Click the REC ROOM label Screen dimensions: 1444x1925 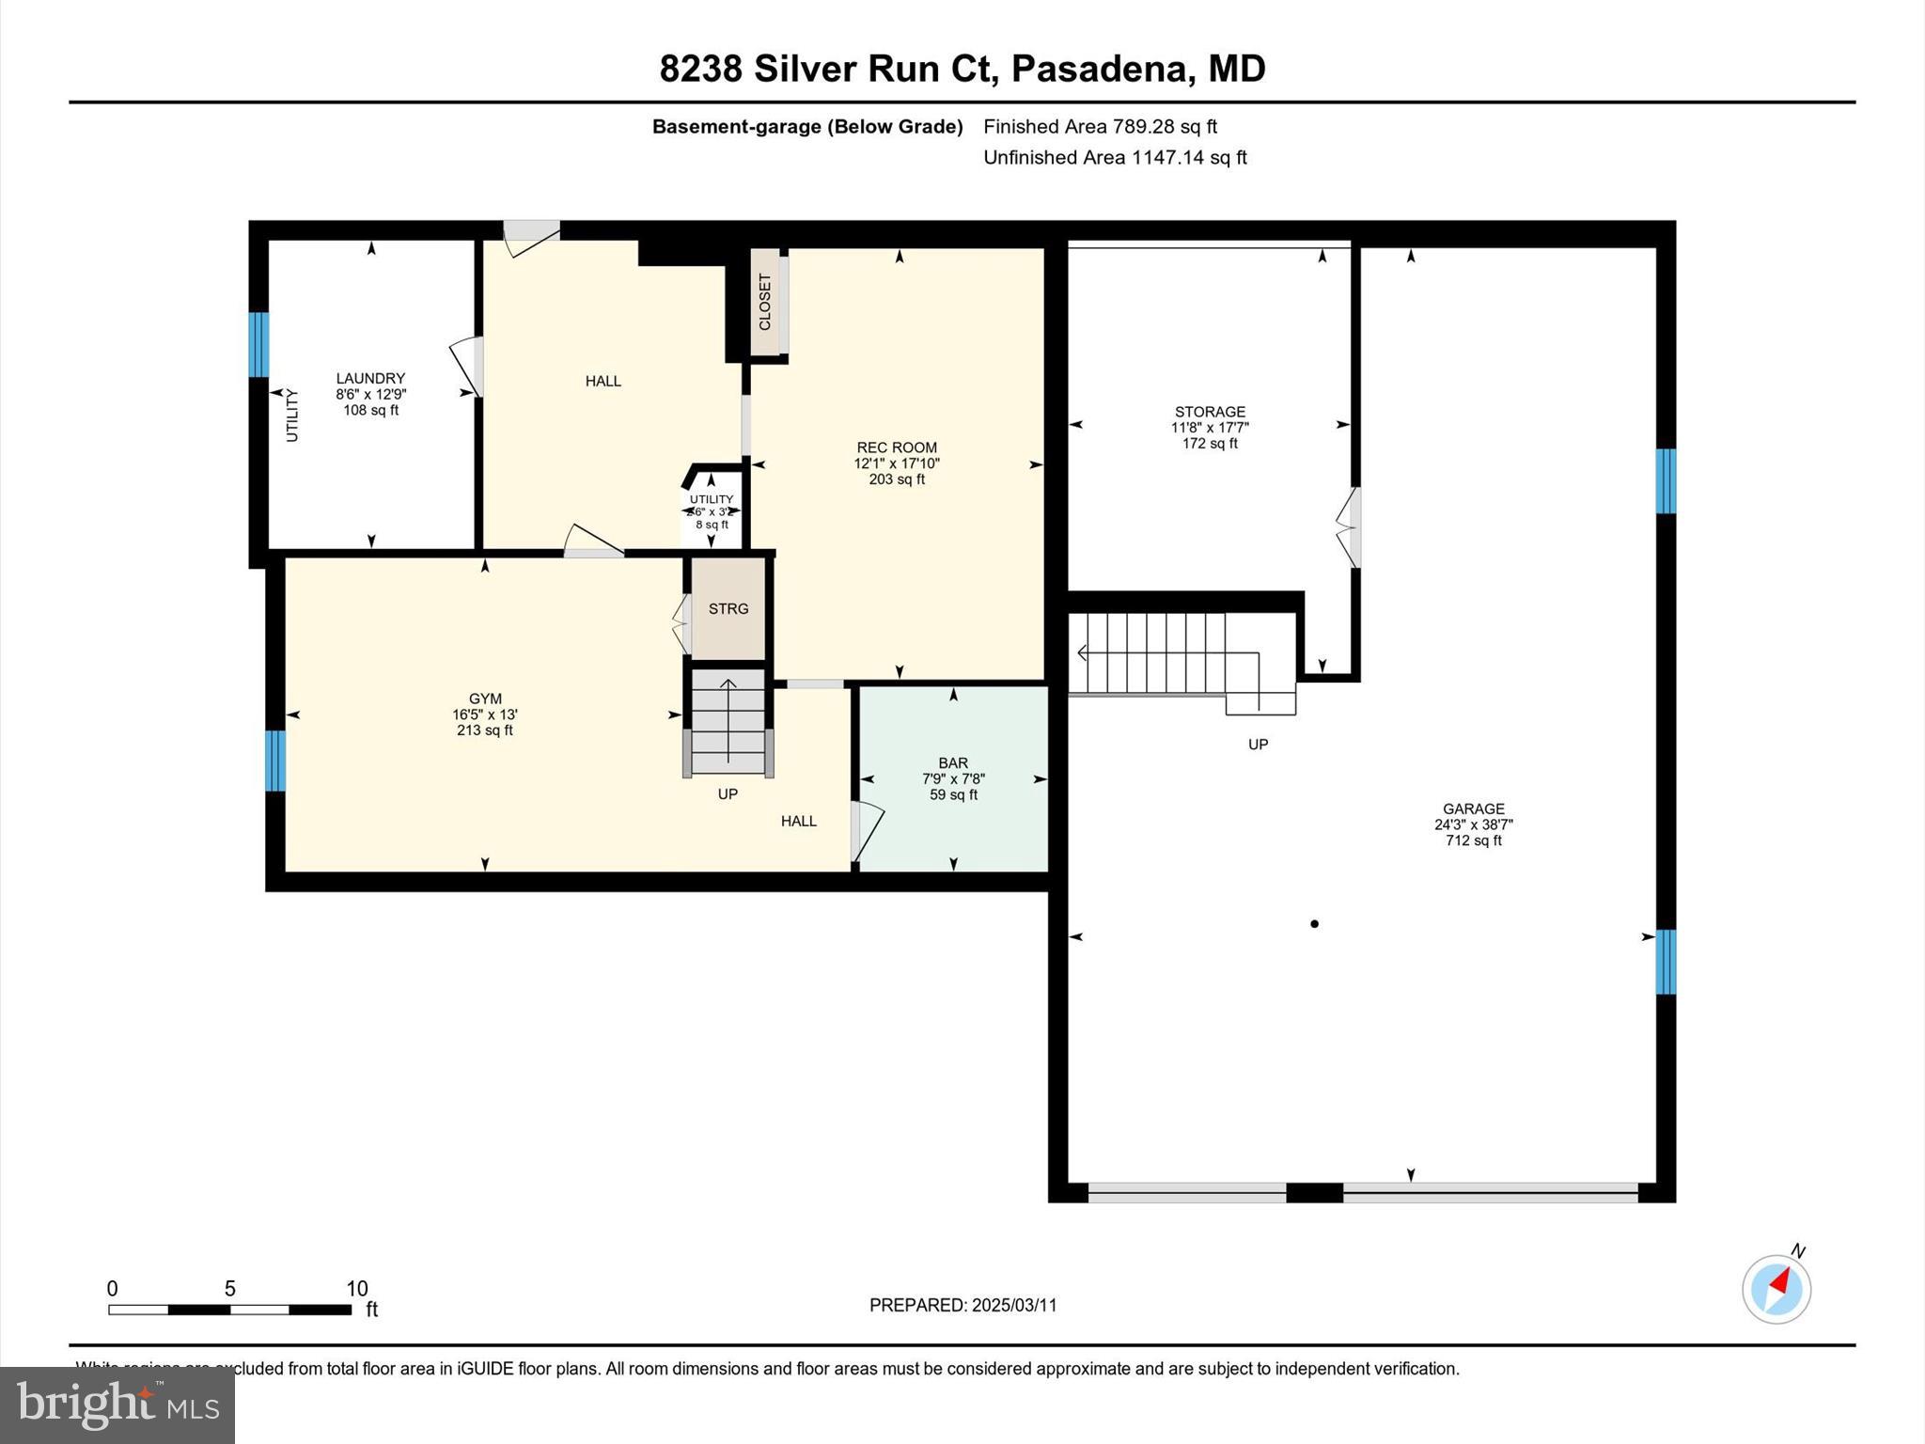[x=897, y=447]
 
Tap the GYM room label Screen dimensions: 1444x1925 [x=485, y=698]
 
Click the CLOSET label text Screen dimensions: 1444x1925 [x=765, y=302]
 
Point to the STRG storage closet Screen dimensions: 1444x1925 [x=728, y=609]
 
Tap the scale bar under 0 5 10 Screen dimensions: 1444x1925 [x=229, y=1310]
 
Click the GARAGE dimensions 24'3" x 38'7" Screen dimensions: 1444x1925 [x=1473, y=824]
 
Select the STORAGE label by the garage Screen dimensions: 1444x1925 [x=1210, y=412]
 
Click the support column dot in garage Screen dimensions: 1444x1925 [x=1314, y=924]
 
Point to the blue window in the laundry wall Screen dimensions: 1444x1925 [x=258, y=344]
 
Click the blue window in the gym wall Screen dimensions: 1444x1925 [x=274, y=761]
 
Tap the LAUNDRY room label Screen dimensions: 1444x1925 [x=370, y=378]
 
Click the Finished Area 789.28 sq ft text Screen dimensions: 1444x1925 [x=1100, y=126]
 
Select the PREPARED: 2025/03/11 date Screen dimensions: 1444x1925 [x=962, y=1305]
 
